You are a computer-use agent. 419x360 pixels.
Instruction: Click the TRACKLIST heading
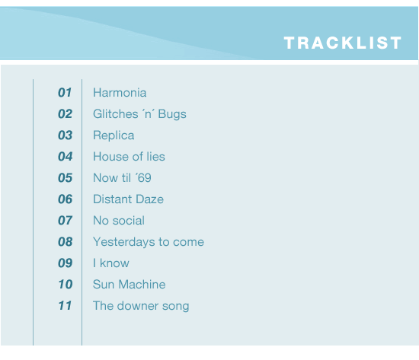coord(343,43)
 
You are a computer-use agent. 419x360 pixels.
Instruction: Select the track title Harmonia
coord(120,93)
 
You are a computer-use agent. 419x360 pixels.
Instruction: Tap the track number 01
coord(65,93)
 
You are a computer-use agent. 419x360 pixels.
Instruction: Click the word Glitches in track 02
coord(116,114)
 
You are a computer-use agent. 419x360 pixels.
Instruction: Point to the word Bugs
coord(172,115)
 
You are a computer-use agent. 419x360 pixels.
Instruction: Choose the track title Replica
coord(114,135)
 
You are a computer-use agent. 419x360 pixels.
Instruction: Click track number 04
coord(66,157)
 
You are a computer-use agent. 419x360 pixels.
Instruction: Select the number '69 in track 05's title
coord(143,178)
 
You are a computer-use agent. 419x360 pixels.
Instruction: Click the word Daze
coord(149,199)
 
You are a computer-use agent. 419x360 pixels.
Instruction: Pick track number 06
coord(66,199)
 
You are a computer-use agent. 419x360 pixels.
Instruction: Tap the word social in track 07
coord(129,221)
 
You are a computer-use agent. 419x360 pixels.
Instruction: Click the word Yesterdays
coord(124,242)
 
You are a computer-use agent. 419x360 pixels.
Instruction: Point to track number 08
coord(66,242)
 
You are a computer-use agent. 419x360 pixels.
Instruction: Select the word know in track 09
coord(114,263)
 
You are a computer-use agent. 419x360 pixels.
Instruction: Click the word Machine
coord(142,285)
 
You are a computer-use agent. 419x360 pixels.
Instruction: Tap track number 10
coord(66,285)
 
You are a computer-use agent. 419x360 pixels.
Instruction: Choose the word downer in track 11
coord(138,306)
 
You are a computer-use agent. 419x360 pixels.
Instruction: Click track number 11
coord(65,306)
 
